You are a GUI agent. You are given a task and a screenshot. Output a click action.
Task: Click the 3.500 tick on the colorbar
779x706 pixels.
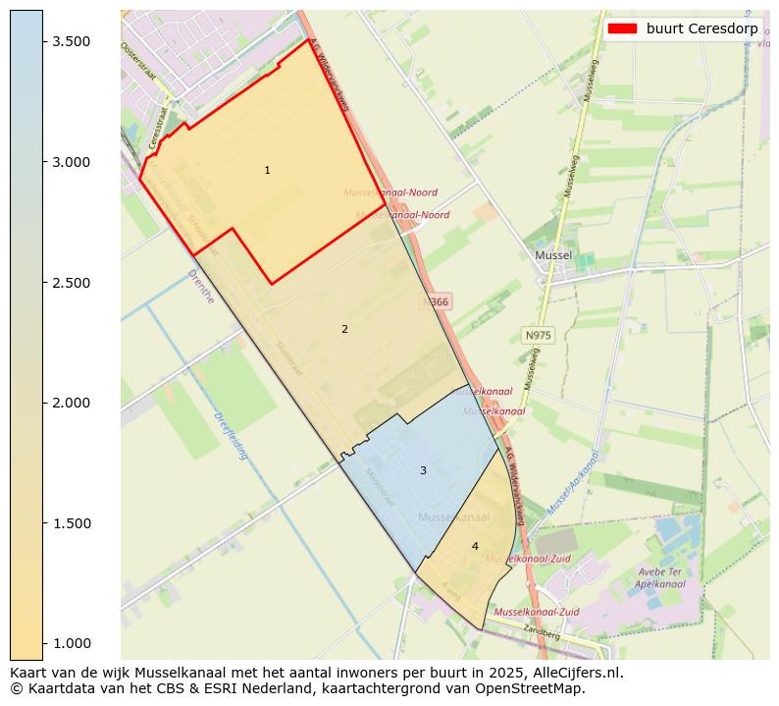click(x=73, y=41)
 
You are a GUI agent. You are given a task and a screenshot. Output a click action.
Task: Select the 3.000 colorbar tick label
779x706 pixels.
click(x=73, y=162)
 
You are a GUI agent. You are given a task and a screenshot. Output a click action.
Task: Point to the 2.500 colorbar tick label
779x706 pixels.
click(x=73, y=283)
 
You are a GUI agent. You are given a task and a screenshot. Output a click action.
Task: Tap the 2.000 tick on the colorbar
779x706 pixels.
click(x=73, y=403)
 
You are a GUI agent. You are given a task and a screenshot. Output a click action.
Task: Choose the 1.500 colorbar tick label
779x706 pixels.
click(x=73, y=523)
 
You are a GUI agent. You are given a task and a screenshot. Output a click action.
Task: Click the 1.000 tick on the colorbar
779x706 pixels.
click(x=73, y=643)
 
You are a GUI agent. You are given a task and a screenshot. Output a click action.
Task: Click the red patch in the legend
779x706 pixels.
click(x=622, y=27)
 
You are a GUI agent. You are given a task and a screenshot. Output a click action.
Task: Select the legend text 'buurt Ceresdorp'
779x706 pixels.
click(x=701, y=27)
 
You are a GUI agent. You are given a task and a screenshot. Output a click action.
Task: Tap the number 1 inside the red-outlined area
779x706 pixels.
click(x=267, y=171)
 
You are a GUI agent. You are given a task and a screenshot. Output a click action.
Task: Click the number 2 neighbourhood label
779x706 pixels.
click(x=344, y=330)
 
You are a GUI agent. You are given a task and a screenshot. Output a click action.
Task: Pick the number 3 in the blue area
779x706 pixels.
click(x=423, y=471)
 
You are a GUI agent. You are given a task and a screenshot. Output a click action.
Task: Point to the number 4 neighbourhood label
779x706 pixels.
click(x=475, y=547)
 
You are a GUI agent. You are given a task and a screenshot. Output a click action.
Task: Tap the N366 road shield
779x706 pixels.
click(x=437, y=302)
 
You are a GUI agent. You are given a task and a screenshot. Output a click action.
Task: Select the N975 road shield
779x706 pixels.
click(x=538, y=336)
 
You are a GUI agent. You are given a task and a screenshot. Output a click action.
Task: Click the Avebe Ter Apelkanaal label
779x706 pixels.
click(x=658, y=576)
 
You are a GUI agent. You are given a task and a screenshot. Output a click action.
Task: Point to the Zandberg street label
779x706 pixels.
click(x=541, y=632)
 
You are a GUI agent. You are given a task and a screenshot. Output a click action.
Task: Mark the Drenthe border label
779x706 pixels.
click(x=200, y=285)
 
